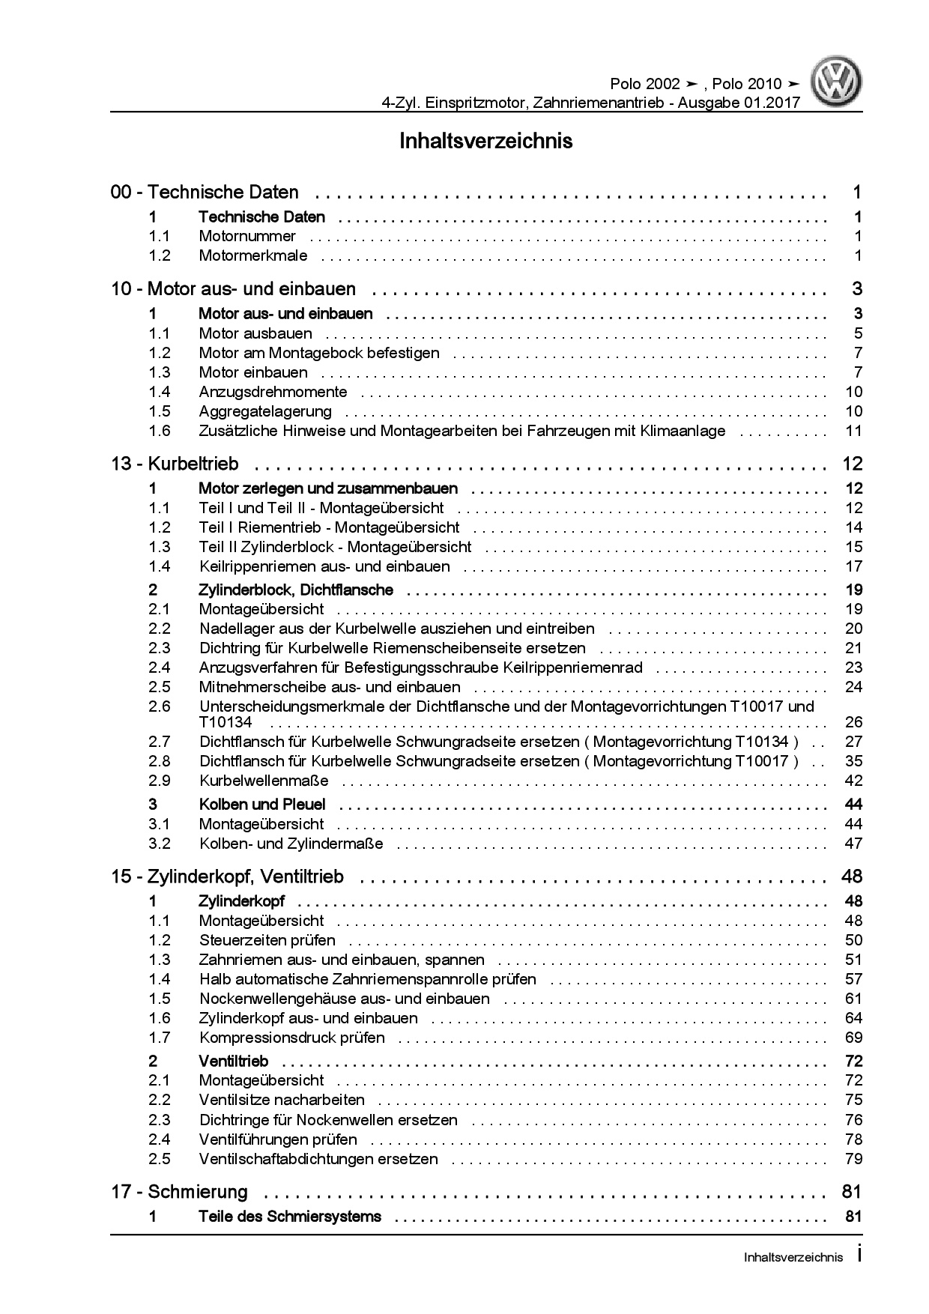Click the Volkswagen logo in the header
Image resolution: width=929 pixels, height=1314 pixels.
click(x=838, y=83)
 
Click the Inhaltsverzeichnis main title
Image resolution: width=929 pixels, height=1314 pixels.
click(x=486, y=141)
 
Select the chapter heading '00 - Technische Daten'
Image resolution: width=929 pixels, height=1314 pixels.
click(x=205, y=193)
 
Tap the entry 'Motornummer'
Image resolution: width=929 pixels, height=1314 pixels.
click(x=247, y=237)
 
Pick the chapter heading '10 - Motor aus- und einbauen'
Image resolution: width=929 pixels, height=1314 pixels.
click(x=234, y=289)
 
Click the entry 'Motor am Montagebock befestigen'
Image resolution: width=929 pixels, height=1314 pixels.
click(x=319, y=353)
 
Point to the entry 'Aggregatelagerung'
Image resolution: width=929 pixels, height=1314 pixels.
click(x=265, y=411)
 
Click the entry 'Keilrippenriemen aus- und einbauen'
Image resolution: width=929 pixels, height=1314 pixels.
click(x=324, y=566)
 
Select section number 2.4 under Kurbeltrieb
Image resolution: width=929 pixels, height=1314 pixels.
click(x=160, y=667)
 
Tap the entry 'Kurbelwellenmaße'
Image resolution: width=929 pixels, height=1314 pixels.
click(x=264, y=781)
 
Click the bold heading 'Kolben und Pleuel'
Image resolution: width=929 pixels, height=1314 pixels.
click(x=262, y=805)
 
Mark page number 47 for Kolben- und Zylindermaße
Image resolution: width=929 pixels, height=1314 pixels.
click(x=853, y=844)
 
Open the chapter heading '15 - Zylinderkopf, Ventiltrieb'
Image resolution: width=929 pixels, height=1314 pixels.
click(x=228, y=876)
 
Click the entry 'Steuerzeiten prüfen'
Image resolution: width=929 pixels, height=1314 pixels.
click(x=267, y=940)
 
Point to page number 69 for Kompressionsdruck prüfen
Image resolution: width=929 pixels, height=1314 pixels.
click(x=853, y=1038)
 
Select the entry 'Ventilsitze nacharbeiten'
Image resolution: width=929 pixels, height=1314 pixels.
click(x=282, y=1100)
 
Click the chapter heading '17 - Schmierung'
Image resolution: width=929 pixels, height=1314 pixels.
click(x=180, y=1192)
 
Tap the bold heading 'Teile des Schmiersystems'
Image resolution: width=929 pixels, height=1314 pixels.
click(x=290, y=1217)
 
